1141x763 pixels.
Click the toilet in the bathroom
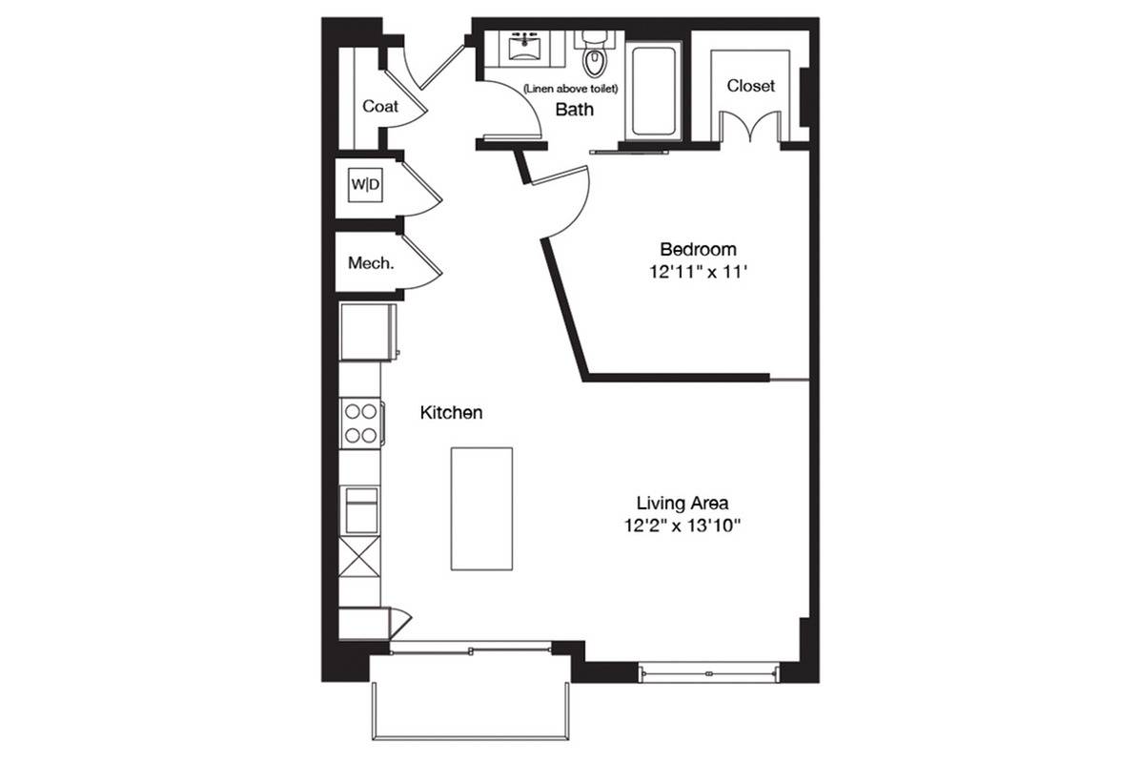tap(595, 55)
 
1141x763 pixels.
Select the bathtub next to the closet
tap(653, 91)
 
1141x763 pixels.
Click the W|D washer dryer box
tap(365, 185)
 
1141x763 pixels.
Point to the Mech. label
tap(371, 263)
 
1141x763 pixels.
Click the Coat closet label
tap(379, 106)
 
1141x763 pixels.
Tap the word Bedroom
tap(698, 249)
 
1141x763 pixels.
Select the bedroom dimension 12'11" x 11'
tap(699, 272)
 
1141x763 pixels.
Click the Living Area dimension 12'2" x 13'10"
tap(682, 526)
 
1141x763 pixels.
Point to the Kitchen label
tap(451, 413)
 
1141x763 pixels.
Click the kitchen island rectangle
tap(481, 509)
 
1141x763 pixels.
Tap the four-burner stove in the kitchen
tap(361, 423)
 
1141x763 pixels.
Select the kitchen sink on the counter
tap(361, 509)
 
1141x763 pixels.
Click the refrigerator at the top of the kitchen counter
tap(368, 332)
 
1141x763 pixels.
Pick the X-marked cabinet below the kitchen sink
tap(359, 558)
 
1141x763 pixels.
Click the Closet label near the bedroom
tap(751, 86)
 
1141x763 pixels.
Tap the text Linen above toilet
tap(570, 89)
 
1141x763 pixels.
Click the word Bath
tap(575, 110)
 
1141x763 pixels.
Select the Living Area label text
tap(682, 503)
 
